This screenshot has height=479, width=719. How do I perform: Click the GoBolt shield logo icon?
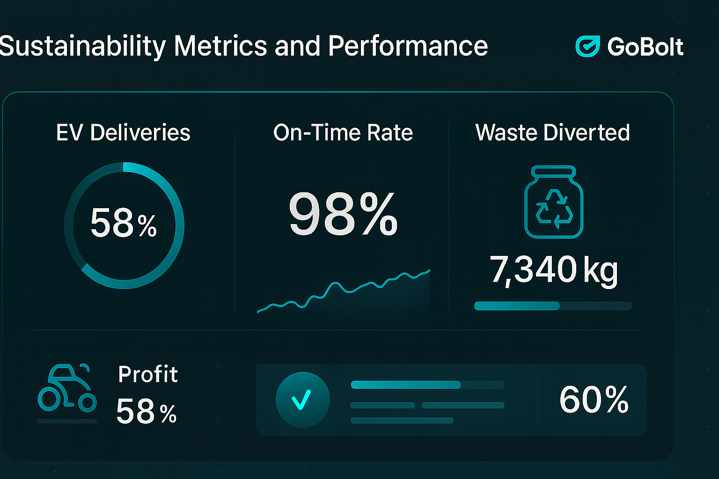coord(587,46)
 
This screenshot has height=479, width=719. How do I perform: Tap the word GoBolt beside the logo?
coord(645,47)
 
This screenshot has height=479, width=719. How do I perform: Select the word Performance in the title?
coord(408,46)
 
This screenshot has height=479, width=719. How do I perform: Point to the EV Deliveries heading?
coord(123,133)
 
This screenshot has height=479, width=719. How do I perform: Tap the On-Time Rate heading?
coord(343,133)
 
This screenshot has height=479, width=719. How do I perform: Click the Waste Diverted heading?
coord(552,133)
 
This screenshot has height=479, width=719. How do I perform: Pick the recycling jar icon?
coord(554,202)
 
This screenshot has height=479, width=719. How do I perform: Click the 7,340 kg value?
coord(554,270)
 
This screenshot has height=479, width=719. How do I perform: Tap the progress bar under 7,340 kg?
coord(552,306)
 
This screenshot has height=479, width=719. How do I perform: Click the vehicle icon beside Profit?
coord(67,388)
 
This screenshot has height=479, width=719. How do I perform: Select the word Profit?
coord(148,374)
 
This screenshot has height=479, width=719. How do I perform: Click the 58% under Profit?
coord(146,412)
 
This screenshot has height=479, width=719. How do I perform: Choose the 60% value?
coord(594,400)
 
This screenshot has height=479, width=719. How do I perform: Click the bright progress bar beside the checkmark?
coord(405,385)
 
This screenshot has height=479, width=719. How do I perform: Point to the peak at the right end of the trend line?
coord(428,271)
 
